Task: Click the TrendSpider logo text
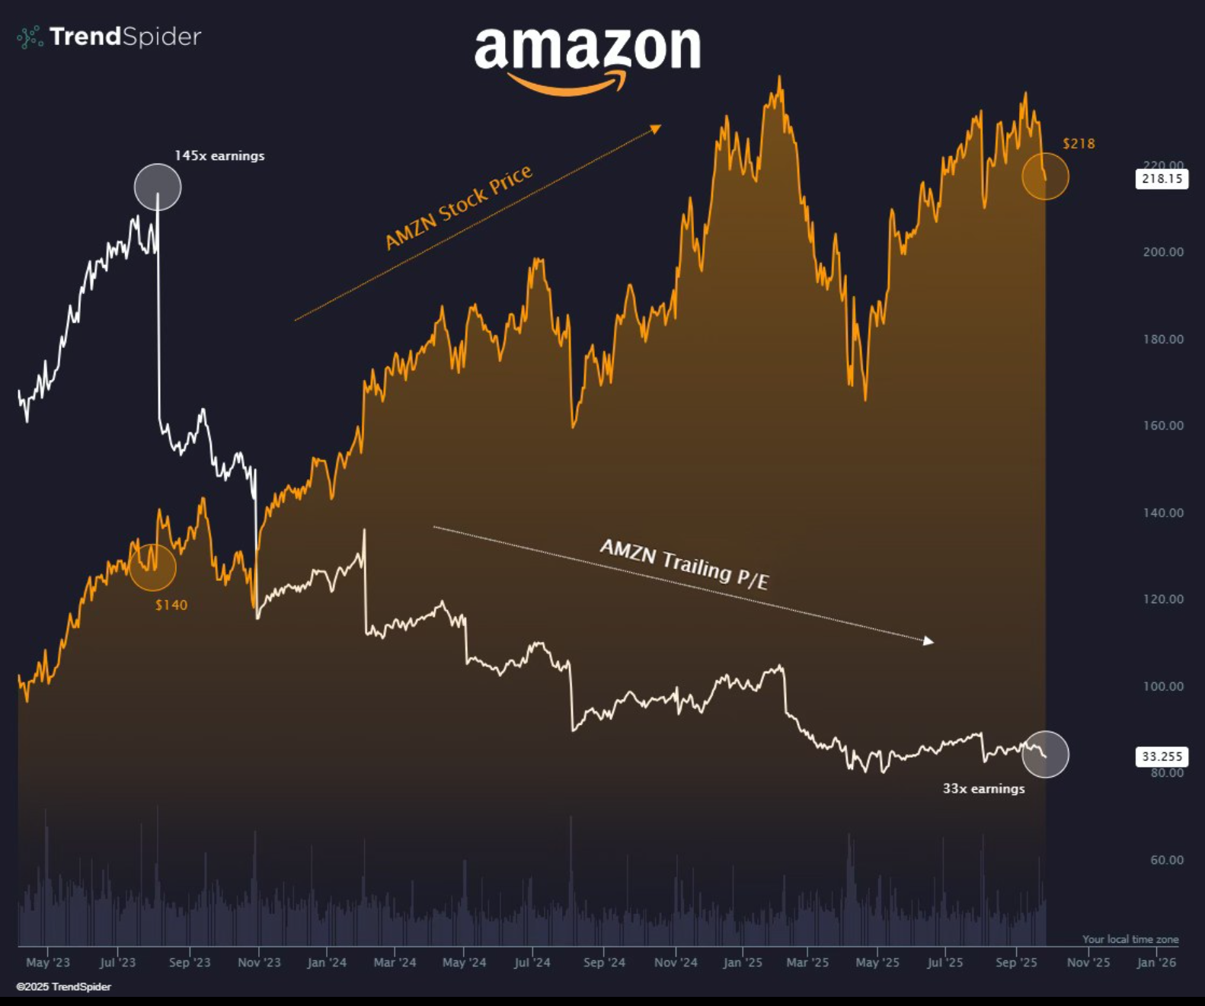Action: (x=125, y=37)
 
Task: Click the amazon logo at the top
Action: (x=587, y=57)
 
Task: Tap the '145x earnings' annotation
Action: (x=219, y=156)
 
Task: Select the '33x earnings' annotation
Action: (x=983, y=789)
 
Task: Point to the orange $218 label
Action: (x=1079, y=144)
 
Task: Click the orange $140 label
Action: (x=171, y=605)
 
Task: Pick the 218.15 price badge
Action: (x=1162, y=179)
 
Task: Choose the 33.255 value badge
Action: (x=1162, y=756)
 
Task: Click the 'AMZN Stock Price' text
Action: (x=459, y=207)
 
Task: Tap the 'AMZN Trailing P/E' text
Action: (x=684, y=564)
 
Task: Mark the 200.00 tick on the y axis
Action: (x=1163, y=252)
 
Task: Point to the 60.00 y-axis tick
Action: (x=1167, y=860)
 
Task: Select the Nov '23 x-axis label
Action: (x=259, y=963)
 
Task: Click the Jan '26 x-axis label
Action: (x=1156, y=963)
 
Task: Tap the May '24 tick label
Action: (x=464, y=963)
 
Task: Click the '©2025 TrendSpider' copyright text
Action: (x=64, y=987)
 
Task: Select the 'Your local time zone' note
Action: (x=1130, y=940)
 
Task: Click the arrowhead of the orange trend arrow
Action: (x=656, y=129)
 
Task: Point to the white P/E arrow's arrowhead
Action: (x=929, y=641)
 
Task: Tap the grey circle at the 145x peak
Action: (x=158, y=187)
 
